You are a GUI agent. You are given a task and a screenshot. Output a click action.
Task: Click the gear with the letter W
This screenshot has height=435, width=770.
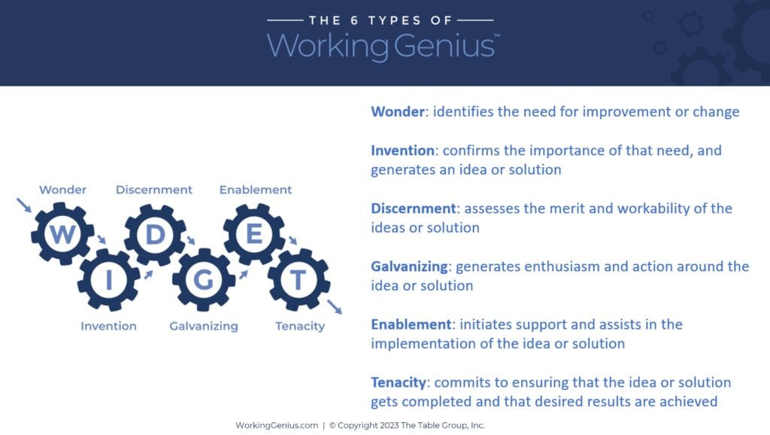point(62,234)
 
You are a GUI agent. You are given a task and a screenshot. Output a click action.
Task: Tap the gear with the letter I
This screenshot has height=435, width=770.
point(108,280)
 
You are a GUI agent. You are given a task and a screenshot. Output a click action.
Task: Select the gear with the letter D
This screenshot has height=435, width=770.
point(155,234)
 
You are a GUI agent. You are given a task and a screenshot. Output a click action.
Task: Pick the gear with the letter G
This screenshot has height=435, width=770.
point(203,280)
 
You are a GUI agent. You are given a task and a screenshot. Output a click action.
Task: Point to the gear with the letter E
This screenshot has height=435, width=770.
point(254,234)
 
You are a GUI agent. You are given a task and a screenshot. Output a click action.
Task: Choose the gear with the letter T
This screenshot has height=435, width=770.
point(299,280)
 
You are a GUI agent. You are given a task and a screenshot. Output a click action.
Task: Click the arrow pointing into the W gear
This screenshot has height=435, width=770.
point(24,205)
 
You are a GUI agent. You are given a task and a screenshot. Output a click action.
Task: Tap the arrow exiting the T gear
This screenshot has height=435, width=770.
point(335,306)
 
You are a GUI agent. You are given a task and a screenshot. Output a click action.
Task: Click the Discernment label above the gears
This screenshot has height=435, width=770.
point(154,190)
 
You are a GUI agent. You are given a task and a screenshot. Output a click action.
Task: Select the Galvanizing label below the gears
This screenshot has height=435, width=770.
point(204,326)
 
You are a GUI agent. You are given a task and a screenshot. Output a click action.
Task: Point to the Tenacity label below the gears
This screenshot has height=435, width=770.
point(300,326)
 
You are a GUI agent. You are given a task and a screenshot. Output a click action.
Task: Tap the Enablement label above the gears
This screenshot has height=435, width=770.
point(256,190)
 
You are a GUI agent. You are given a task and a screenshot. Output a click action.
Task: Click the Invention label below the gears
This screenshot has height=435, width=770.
point(109,326)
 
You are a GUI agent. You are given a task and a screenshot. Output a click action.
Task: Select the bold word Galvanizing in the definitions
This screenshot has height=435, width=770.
point(410,266)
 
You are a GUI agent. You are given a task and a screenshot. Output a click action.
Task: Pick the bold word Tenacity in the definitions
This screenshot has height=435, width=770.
point(399,382)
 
